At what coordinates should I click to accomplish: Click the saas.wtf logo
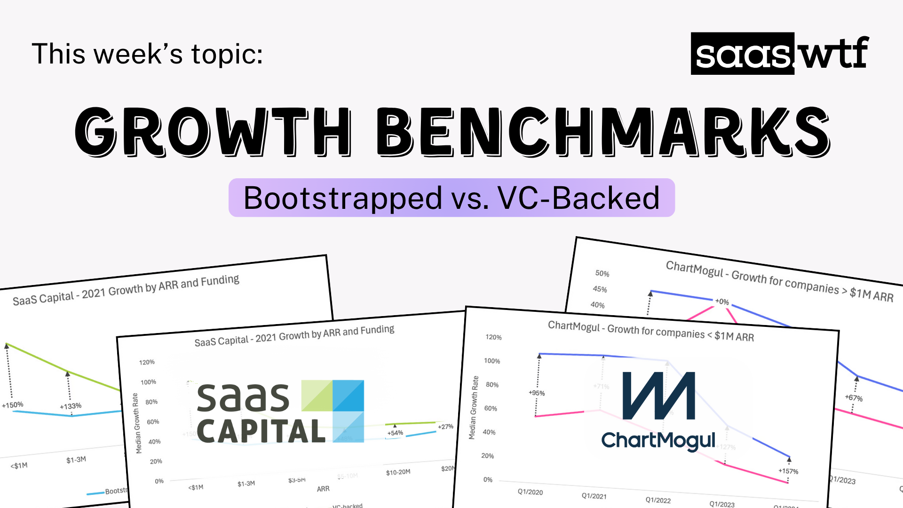coord(780,54)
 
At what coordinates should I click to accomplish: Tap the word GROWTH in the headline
coord(212,132)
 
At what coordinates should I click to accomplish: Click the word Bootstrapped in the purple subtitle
coord(343,198)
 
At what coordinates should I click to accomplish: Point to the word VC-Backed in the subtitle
coord(578,198)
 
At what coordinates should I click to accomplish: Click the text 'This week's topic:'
coord(147,54)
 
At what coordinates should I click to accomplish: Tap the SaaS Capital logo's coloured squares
coord(333,411)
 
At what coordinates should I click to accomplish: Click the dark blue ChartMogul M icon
coord(658,396)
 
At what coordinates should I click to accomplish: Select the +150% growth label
coord(13,405)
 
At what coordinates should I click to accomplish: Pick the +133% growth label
coord(71,406)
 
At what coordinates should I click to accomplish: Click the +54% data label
coord(395,433)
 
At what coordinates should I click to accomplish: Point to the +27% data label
coord(445,427)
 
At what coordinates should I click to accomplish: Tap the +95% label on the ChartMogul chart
coord(537,393)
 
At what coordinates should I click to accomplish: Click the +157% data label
coord(788,471)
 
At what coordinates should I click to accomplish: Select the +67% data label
coord(854,398)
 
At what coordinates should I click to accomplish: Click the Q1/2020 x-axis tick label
coord(530,492)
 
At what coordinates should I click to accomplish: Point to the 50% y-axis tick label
coord(602,273)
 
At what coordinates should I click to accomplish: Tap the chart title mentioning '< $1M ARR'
coord(651,331)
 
